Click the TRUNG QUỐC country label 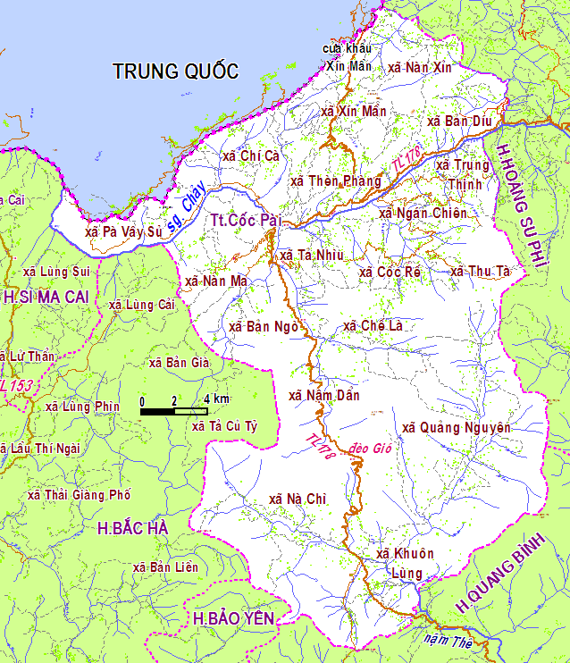(x=176, y=72)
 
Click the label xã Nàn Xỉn (x=421, y=67)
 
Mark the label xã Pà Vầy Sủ (x=124, y=231)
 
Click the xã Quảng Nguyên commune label (x=456, y=428)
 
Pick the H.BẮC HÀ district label (x=133, y=528)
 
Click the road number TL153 (x=15, y=385)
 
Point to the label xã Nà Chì (x=298, y=499)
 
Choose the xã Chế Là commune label (x=373, y=326)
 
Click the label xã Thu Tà (x=480, y=271)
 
